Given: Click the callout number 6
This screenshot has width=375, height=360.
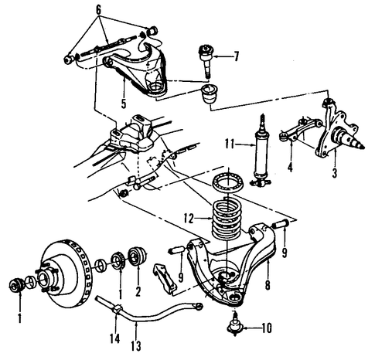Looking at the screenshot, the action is [99, 10].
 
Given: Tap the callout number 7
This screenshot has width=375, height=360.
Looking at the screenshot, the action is [236, 56].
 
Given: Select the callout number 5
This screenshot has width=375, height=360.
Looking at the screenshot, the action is [124, 104].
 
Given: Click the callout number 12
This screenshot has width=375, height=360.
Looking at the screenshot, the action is [189, 219].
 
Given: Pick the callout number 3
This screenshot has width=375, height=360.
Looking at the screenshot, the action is [335, 173].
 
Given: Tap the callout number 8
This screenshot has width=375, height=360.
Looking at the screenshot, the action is [268, 284].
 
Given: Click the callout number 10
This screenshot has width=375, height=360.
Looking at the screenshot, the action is [267, 328].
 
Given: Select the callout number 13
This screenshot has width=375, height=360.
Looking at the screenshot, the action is [136, 345].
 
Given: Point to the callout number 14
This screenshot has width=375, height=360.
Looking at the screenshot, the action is [115, 338].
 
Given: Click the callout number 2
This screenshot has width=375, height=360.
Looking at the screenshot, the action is [138, 291].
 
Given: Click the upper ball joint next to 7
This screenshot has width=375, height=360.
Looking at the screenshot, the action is [206, 60].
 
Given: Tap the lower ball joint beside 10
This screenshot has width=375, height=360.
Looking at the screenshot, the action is [234, 325].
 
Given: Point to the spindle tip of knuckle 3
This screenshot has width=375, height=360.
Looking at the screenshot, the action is [362, 147].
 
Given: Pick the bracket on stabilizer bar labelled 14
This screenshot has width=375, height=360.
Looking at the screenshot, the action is [117, 308].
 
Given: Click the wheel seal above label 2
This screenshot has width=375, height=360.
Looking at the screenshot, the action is [138, 255].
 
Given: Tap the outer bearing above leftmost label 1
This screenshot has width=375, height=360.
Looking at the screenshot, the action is [17, 284].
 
